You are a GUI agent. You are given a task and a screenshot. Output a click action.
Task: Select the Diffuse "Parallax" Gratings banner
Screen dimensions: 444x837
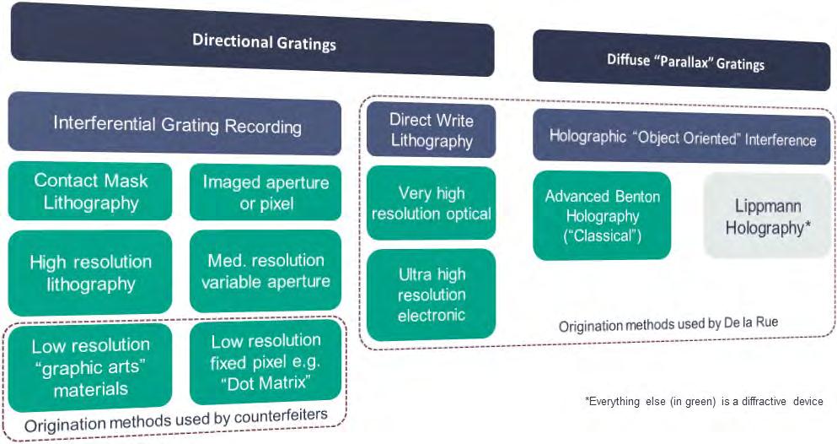pos(681,61)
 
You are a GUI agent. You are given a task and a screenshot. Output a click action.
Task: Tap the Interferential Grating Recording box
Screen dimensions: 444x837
pos(176,126)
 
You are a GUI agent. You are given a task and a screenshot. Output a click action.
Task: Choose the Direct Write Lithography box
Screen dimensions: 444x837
pos(431,130)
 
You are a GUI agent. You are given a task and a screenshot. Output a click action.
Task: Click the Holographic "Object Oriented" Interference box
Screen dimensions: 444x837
pos(682,138)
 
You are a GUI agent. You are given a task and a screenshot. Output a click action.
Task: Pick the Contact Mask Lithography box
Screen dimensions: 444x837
pos(90,192)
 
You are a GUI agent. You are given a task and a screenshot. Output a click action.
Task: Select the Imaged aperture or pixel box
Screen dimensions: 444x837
pos(266,192)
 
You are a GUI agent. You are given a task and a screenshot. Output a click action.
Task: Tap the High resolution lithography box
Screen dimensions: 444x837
pos(90,273)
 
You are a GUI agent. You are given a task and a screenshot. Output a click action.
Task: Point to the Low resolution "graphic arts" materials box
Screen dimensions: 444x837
pos(90,367)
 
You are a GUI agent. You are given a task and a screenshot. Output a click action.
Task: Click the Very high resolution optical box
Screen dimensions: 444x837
pos(431,203)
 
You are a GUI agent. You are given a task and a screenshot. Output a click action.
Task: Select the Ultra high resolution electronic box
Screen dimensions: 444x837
pos(431,295)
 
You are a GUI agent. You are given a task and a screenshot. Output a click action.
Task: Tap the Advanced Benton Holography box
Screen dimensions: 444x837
pos(602,216)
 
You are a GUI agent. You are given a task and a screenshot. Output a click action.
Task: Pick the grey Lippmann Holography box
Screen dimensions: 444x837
pos(767,216)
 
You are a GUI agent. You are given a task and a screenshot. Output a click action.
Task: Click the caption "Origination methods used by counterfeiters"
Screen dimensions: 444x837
pos(175,420)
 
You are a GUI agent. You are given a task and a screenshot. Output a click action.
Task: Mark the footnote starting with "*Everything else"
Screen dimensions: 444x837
pos(703,402)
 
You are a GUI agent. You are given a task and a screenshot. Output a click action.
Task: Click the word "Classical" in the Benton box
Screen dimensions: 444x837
pos(604,236)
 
